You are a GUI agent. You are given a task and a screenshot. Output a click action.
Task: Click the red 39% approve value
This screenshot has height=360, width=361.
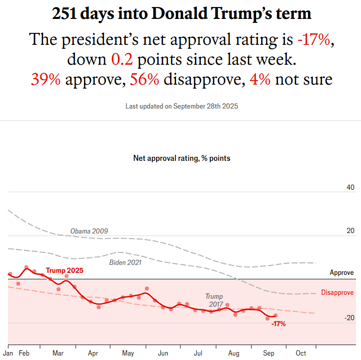pos(46,80)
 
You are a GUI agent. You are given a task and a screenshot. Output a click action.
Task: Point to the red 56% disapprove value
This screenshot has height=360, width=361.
pos(144,80)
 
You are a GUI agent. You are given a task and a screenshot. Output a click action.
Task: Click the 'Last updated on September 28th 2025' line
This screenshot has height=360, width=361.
pos(182,107)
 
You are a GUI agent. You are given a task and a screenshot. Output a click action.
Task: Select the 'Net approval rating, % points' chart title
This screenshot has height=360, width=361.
pos(181,158)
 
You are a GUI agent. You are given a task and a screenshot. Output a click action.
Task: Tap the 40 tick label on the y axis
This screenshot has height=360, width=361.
pos(350,188)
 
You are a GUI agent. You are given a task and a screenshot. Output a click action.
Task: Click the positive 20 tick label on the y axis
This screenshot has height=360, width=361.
pos(350,231)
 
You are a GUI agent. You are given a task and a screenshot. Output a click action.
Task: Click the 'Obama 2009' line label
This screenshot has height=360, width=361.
pos(89,231)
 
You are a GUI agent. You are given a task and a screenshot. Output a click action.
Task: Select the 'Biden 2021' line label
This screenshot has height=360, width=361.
pos(125,262)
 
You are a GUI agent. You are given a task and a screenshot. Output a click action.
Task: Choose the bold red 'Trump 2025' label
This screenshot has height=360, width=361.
pos(65,270)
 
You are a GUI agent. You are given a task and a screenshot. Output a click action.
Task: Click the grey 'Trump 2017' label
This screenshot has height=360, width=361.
pos(214,300)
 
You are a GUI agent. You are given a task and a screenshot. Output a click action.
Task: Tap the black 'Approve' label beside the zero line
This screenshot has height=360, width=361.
pos(342,273)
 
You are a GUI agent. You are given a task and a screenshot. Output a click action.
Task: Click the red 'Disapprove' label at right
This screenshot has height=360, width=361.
pos(337,293)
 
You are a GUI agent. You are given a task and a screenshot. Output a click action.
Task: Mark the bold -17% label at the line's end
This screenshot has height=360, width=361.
pos(278,324)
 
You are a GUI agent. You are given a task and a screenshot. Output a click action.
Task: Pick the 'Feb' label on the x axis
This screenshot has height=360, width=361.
pos(24,353)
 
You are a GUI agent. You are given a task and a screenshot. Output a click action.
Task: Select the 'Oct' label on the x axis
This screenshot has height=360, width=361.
pos(301,353)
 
